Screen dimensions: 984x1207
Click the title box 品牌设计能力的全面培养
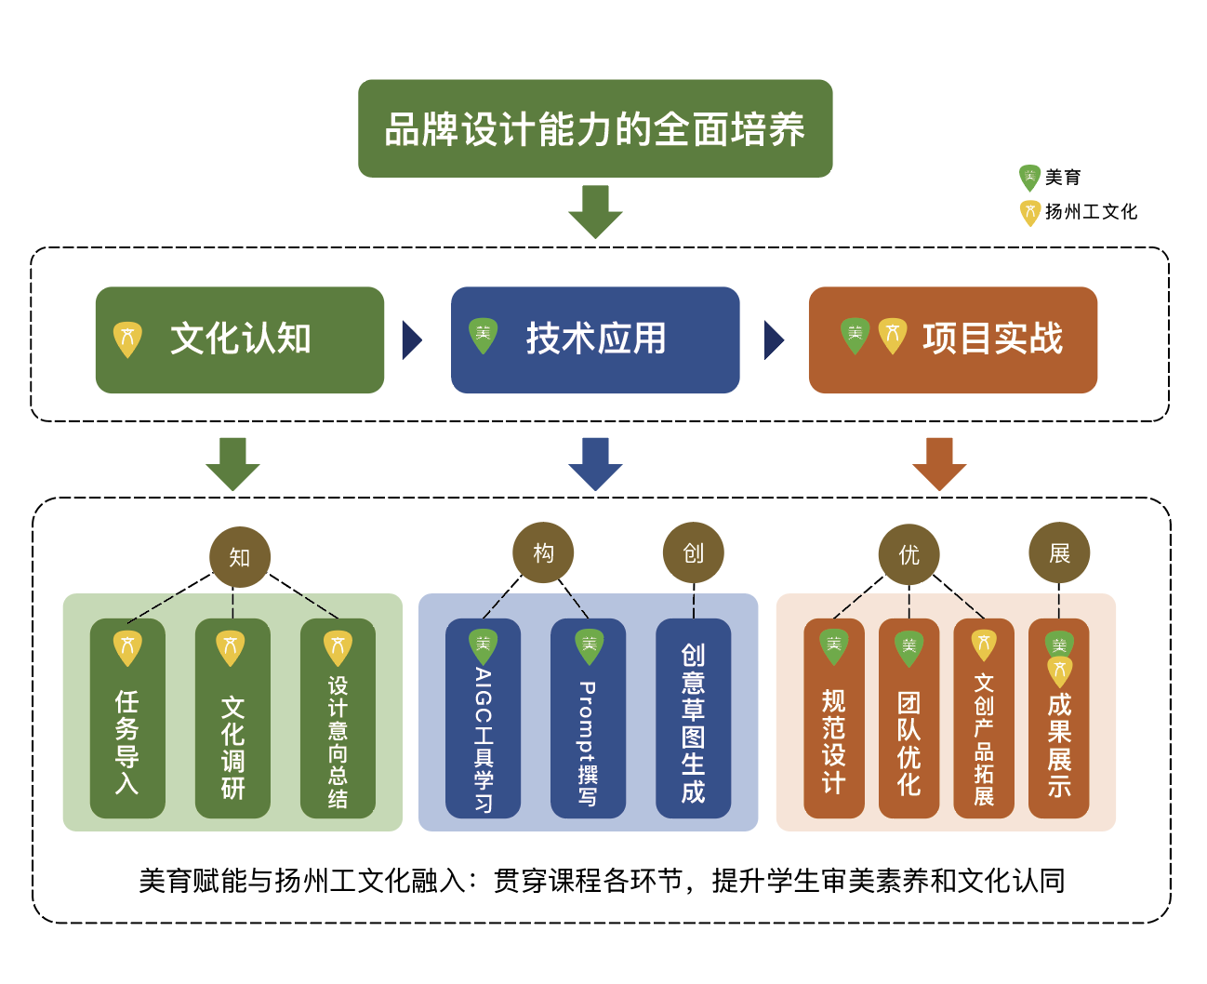[595, 128]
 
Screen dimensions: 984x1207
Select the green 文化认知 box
[240, 339]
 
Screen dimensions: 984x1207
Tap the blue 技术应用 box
[595, 339]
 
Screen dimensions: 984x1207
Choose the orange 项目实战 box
[953, 339]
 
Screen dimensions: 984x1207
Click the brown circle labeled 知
[240, 557]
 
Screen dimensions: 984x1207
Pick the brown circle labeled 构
[543, 553]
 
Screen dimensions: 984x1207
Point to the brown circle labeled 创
[693, 553]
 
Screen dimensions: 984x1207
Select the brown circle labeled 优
[909, 555]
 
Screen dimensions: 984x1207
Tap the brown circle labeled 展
[1059, 553]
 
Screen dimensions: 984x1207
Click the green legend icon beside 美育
[1029, 178]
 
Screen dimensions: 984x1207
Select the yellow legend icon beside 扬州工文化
[1029, 213]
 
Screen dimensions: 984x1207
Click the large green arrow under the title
[595, 210]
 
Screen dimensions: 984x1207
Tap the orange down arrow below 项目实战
[939, 462]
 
